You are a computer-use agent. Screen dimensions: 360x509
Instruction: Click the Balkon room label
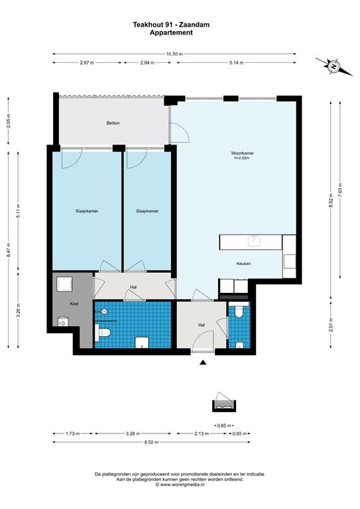tap(113, 123)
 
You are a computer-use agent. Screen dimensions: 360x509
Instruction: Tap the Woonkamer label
tap(242, 153)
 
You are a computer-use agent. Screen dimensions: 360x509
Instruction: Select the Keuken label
tap(243, 264)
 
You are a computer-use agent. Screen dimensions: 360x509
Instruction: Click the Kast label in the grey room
tap(74, 304)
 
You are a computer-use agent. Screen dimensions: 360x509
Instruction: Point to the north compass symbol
tap(333, 66)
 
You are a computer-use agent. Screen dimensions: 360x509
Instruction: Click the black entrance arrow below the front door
tap(203, 363)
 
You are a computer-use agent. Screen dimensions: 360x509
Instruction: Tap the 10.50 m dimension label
tap(174, 54)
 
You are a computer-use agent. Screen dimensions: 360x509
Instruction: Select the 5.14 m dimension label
tap(236, 63)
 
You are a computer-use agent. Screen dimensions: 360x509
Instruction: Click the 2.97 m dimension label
tap(87, 63)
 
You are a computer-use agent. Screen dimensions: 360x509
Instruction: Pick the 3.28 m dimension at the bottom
tap(133, 433)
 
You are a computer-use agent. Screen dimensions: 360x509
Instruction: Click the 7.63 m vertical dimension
tap(340, 190)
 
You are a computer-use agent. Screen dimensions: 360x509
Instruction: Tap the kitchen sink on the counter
tap(254, 241)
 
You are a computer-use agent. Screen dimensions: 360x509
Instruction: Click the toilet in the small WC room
tap(239, 311)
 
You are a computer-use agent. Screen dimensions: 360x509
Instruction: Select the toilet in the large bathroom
tap(104, 333)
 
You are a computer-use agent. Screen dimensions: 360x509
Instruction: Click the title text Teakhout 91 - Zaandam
tap(171, 25)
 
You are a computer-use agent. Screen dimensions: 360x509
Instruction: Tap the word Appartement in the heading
tap(171, 32)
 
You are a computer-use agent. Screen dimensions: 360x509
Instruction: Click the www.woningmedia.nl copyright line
tap(180, 484)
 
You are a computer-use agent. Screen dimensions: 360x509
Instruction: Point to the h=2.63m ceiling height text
tap(242, 158)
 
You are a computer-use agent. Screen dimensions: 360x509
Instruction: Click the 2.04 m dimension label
tap(147, 63)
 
